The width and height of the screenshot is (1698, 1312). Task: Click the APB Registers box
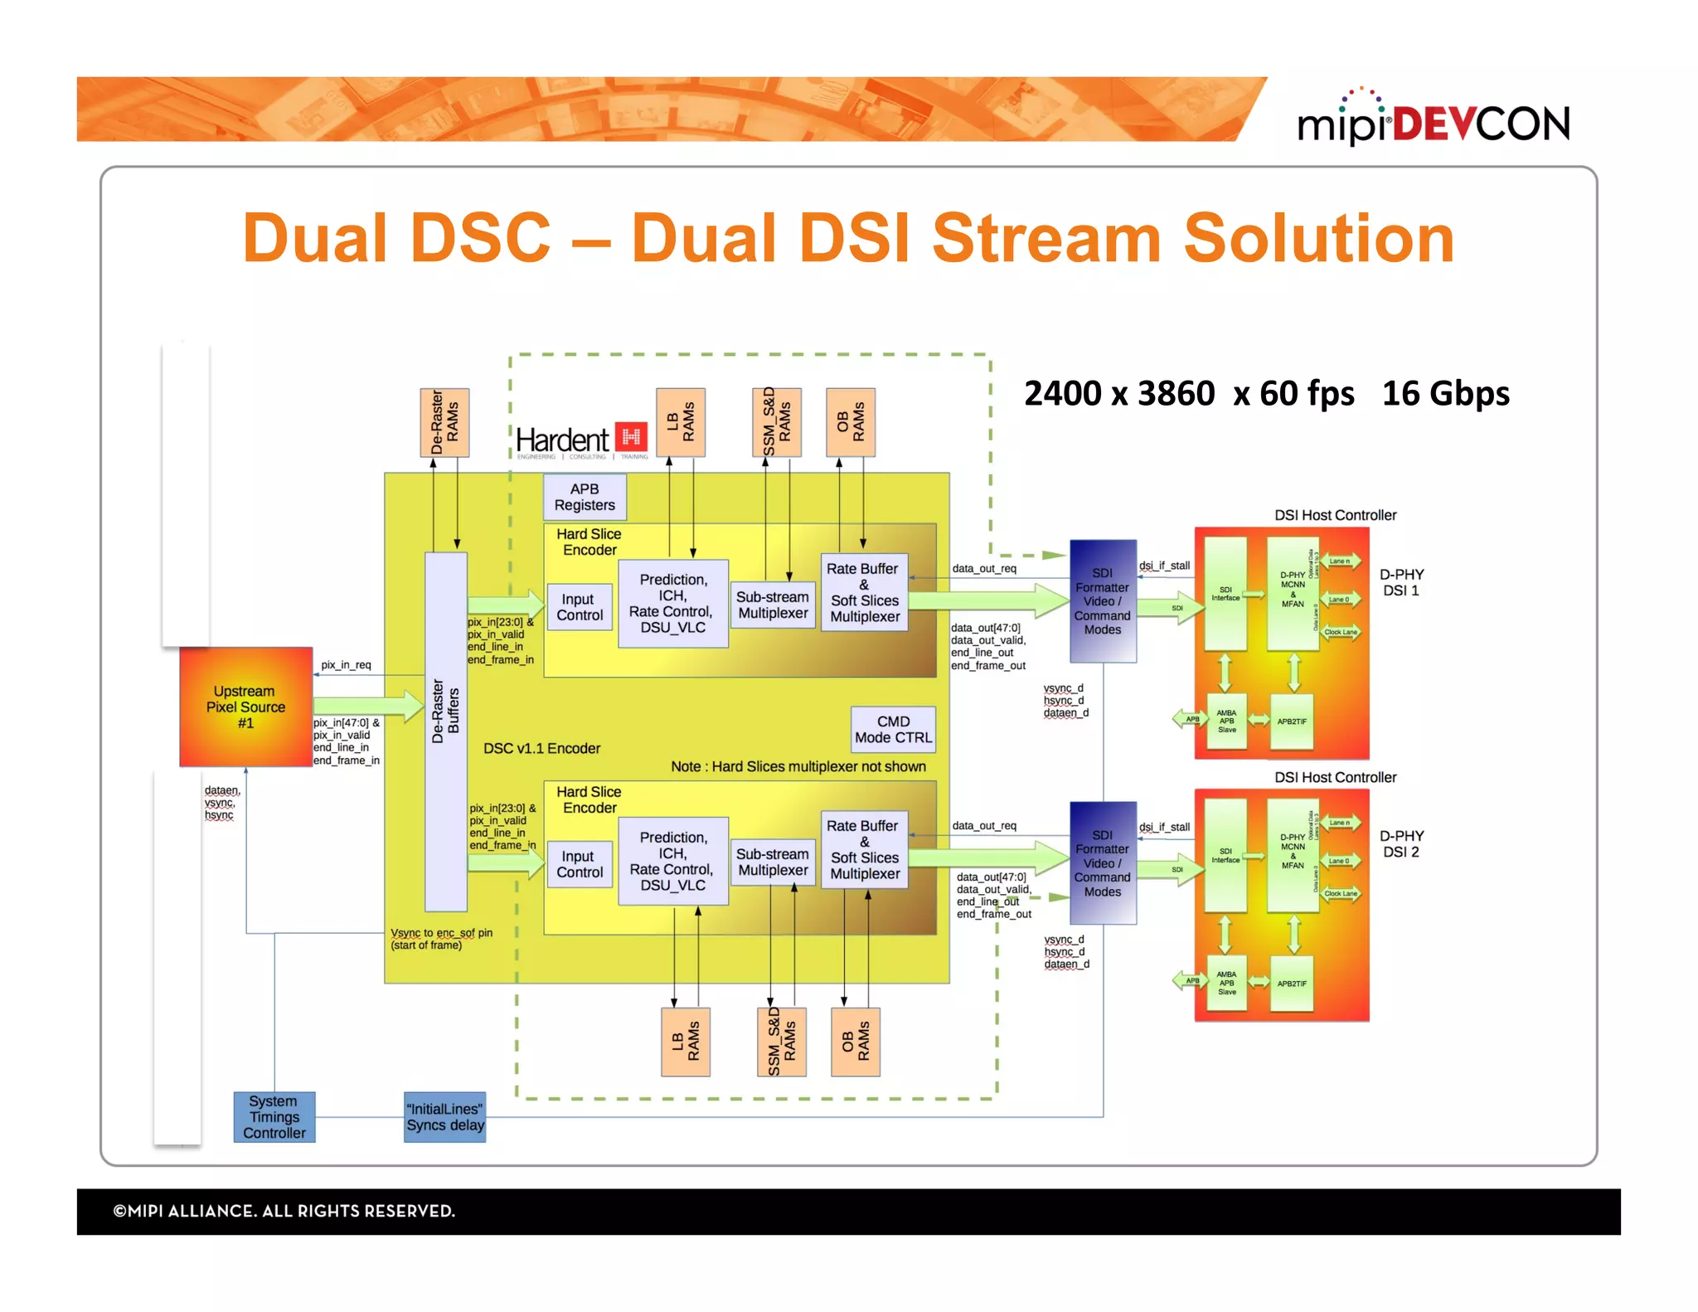tap(585, 497)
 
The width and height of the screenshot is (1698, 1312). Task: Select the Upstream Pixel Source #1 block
tap(245, 707)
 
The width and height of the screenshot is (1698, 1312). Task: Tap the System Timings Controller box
tap(274, 1116)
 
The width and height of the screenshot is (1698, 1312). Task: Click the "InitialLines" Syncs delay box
tap(444, 1116)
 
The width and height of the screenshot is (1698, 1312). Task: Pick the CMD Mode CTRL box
tap(893, 729)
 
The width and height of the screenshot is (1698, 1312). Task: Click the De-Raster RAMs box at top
tap(444, 422)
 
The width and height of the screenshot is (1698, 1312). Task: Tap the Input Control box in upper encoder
tap(580, 607)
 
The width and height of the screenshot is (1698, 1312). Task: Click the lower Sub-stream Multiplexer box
tap(773, 862)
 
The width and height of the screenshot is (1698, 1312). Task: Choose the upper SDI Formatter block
tap(1102, 601)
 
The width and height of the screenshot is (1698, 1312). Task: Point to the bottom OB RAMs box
tap(855, 1042)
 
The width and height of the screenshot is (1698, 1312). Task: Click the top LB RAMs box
tap(681, 422)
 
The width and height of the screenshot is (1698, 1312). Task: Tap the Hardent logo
tap(580, 440)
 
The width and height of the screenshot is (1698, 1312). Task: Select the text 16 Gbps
tap(1445, 393)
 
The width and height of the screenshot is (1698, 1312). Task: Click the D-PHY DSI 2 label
tap(1401, 843)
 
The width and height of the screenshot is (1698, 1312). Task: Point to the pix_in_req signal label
tap(346, 665)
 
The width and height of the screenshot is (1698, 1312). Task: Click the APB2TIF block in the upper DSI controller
tap(1291, 722)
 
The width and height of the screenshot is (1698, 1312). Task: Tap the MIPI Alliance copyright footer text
tap(284, 1211)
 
